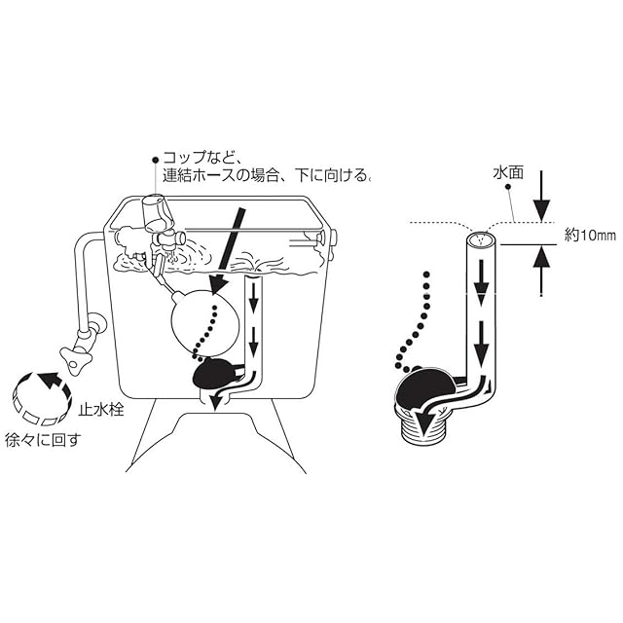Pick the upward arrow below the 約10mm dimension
pos(542,267)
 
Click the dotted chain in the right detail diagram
pos(413,321)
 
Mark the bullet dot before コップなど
pos(154,157)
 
